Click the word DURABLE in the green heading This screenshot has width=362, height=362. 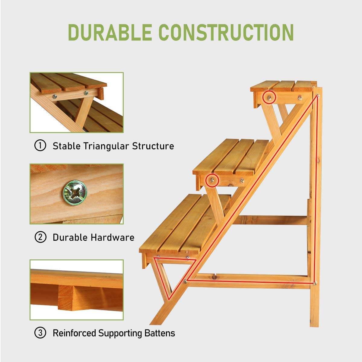point(110,32)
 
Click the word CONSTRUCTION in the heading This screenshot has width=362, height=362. point(226,32)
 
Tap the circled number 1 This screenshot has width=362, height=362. point(40,146)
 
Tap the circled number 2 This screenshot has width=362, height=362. point(40,237)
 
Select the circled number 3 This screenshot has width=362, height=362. point(40,333)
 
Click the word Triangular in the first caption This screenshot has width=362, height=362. point(106,146)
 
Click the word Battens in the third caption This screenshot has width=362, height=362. point(160,333)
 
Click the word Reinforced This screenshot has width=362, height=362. point(75,333)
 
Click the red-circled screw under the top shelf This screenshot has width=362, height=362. point(269,97)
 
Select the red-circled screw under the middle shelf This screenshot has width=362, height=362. point(212,180)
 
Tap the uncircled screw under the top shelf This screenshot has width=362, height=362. point(300,97)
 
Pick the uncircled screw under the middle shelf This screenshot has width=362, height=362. point(242,180)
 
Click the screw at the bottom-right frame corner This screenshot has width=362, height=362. point(315,283)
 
